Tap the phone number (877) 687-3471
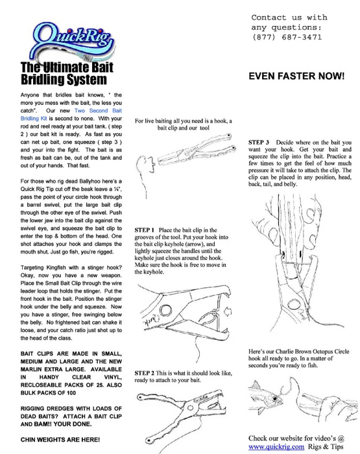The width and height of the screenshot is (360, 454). pyautogui.click(x=287, y=38)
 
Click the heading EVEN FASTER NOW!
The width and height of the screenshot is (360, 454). pyautogui.click(x=296, y=76)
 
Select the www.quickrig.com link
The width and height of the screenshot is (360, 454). pyautogui.click(x=276, y=447)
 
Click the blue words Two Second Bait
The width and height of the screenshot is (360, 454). pyautogui.click(x=98, y=111)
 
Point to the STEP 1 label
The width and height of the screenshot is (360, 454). pyautogui.click(x=144, y=230)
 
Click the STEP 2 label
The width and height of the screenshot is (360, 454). pyautogui.click(x=144, y=373)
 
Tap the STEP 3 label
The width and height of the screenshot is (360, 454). pyautogui.click(x=258, y=143)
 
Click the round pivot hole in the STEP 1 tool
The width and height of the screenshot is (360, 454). pyautogui.click(x=165, y=311)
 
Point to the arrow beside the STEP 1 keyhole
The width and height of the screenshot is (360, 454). pyautogui.click(x=228, y=311)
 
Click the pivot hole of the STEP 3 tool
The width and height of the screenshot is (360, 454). pyautogui.click(x=293, y=304)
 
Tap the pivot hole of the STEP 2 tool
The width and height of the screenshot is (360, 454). pyautogui.click(x=190, y=408)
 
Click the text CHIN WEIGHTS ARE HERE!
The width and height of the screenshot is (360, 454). pyautogui.click(x=60, y=440)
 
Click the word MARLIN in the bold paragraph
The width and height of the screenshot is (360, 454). pyautogui.click(x=31, y=370)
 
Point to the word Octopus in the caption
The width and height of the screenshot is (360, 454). pyautogui.click(x=319, y=352)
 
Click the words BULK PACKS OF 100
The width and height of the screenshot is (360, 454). pyautogui.click(x=48, y=393)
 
